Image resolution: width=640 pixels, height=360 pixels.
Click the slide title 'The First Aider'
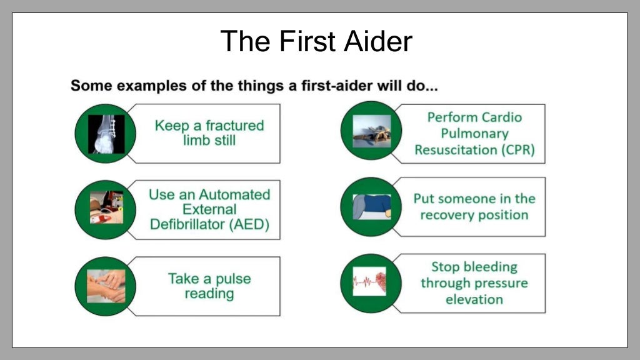pos(316,41)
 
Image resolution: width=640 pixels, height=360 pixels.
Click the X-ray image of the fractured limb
pos(106,134)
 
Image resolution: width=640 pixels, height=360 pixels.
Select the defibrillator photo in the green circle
pos(106,208)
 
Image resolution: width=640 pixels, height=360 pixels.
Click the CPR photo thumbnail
pos(371,131)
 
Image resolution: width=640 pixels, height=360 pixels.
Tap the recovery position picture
pos(371,207)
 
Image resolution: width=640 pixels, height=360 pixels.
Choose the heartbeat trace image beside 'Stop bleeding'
pos(369,282)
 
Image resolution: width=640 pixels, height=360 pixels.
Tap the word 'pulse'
pos(231,278)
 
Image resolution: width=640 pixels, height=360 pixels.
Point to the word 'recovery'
pos(451,215)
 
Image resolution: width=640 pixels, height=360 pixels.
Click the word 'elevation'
pos(474,299)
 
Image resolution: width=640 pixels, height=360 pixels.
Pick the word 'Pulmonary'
pos(474,134)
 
